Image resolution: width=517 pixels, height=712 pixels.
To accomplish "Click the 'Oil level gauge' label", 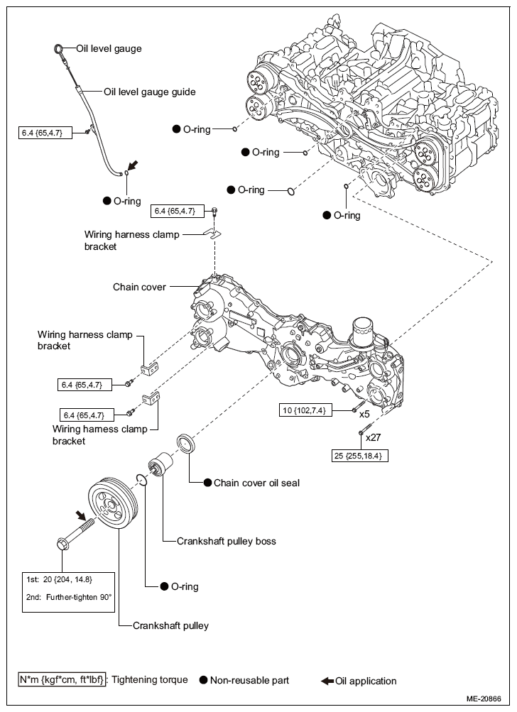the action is [109, 48].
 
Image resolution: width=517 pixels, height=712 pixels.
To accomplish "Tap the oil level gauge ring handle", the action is [59, 48].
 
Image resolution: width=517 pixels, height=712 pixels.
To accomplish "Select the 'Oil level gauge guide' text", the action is [149, 92].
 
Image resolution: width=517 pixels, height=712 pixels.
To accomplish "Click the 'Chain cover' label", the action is [139, 287].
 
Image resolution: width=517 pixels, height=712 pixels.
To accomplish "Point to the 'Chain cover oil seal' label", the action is [256, 483].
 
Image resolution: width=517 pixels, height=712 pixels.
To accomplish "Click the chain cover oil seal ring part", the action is [185, 444].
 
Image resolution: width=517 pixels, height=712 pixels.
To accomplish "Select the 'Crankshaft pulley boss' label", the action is [227, 541].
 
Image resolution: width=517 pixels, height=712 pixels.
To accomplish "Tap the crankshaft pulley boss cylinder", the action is [160, 464].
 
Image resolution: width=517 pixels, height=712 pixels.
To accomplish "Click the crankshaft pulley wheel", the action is [111, 503].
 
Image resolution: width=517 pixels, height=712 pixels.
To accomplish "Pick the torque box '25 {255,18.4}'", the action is [360, 456].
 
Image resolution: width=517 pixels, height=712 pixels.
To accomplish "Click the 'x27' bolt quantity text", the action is [373, 437].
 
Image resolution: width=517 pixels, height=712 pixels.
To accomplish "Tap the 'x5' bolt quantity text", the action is [364, 414].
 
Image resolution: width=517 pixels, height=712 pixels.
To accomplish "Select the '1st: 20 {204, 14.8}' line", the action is [59, 579].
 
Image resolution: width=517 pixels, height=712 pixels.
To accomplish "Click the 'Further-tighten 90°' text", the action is [79, 597].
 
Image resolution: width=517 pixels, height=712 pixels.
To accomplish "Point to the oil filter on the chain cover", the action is [364, 331].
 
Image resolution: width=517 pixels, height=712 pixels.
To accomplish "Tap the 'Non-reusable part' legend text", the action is [249, 680].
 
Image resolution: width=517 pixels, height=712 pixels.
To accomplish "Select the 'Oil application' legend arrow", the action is [327, 681].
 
